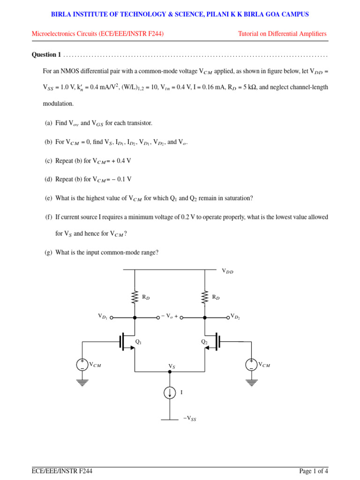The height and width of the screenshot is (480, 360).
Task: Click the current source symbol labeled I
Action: click(x=170, y=393)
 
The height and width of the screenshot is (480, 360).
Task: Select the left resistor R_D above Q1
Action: click(x=135, y=297)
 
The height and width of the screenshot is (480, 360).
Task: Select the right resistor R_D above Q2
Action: click(x=205, y=297)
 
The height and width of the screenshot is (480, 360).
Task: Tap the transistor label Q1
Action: click(x=138, y=342)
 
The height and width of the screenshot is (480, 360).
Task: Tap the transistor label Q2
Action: click(x=204, y=342)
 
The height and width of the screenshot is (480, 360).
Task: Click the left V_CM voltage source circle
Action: click(x=82, y=365)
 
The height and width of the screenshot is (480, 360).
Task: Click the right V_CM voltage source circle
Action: click(x=251, y=365)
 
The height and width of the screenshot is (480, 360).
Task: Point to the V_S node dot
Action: click(x=170, y=372)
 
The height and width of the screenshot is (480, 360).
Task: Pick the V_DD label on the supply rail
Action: click(x=227, y=271)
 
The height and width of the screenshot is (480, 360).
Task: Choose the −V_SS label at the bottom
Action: click(x=190, y=419)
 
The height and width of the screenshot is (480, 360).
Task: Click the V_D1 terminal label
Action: click(x=103, y=317)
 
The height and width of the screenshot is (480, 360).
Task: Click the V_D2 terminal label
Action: click(x=235, y=317)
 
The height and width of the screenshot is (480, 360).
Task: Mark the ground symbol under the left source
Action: click(x=82, y=382)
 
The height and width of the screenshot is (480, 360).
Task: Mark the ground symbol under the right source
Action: click(x=251, y=382)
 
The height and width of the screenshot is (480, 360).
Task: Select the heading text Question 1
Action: click(x=46, y=55)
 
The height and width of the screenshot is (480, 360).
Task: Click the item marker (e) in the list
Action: click(x=48, y=198)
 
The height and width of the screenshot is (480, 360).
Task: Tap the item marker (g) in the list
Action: click(x=48, y=253)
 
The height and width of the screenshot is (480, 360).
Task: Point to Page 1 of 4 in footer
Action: click(x=314, y=471)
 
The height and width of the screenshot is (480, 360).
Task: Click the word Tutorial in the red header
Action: click(x=249, y=34)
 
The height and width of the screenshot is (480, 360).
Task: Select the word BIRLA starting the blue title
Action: click(x=60, y=15)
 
